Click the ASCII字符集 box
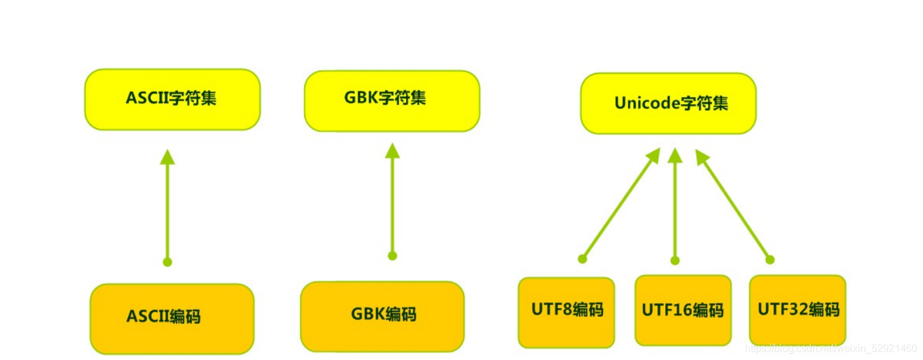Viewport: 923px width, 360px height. point(172,100)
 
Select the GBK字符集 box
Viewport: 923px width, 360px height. point(391,101)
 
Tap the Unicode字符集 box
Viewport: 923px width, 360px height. point(668,103)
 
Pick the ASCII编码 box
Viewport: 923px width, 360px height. point(172,318)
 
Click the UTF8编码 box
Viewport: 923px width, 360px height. point(566,312)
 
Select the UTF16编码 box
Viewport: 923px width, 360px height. point(682,310)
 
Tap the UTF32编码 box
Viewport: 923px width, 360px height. point(797,310)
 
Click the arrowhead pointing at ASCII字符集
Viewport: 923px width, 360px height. point(167,157)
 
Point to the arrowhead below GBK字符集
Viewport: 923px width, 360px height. point(392,151)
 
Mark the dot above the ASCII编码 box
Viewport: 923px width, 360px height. point(167,262)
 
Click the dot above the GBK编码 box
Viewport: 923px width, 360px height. point(392,256)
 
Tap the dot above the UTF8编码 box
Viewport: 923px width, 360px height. point(582,259)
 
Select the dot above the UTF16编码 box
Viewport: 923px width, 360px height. point(675,260)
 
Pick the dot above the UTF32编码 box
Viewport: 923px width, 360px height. point(770,259)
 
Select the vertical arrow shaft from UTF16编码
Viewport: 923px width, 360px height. point(675,209)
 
